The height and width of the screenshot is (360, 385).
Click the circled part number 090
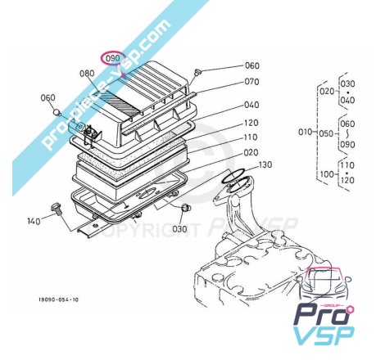113,58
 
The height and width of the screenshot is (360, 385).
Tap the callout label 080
87,74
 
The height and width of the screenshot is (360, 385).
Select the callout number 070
251,82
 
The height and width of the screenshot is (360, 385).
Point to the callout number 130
265,164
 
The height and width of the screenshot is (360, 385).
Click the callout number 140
34,221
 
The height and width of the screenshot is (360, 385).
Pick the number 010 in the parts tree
306,132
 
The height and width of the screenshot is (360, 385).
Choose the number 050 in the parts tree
326,133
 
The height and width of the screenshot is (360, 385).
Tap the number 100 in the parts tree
327,173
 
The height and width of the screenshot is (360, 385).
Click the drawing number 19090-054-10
58,299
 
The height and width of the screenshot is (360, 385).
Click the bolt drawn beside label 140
56,209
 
